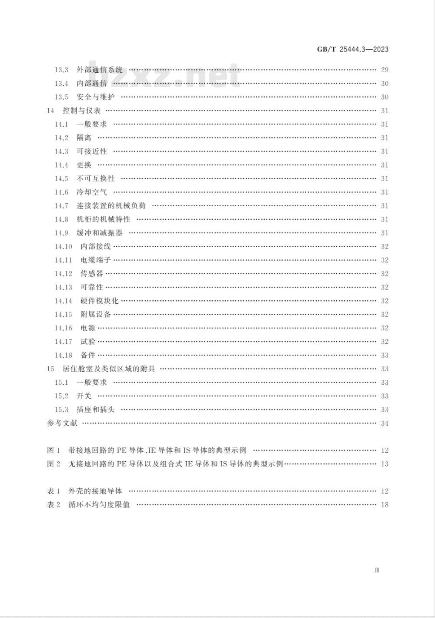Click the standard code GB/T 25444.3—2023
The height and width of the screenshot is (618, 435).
pyautogui.click(x=352, y=49)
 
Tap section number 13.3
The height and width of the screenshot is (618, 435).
pyautogui.click(x=61, y=70)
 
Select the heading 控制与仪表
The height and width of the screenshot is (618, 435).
pyautogui.click(x=82, y=111)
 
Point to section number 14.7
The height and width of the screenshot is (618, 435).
pyautogui.click(x=61, y=206)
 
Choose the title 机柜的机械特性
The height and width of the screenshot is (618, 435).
pyautogui.click(x=104, y=219)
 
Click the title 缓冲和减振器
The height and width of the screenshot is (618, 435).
pyautogui.click(x=100, y=233)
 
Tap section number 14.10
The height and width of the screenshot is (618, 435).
pyautogui.click(x=63, y=247)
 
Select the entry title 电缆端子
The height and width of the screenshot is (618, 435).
pyautogui.click(x=96, y=260)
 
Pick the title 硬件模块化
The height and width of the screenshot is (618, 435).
pyautogui.click(x=100, y=301)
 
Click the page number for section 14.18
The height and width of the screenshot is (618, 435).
pyautogui.click(x=385, y=355)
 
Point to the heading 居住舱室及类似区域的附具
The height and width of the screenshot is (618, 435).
pyautogui.click(x=109, y=369)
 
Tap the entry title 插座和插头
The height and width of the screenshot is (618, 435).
pyautogui.click(x=96, y=410)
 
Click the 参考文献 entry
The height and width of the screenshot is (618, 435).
pyautogui.click(x=62, y=423)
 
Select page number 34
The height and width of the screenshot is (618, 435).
pyautogui.click(x=385, y=423)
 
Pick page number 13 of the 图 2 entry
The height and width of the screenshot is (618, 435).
pyautogui.click(x=385, y=464)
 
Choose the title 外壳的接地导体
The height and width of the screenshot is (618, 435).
pyautogui.click(x=95, y=491)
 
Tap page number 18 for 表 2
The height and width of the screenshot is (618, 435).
pyautogui.click(x=385, y=505)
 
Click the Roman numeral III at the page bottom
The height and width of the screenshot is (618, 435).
pyautogui.click(x=377, y=570)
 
